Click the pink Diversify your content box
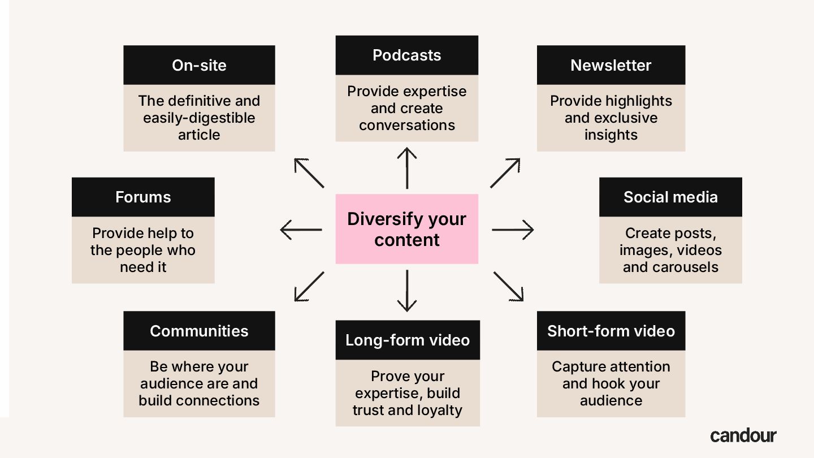[406, 229]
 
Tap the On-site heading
[199, 65]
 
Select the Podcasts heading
[406, 55]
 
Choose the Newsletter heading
[610, 65]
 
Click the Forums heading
[143, 197]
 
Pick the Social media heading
[670, 197]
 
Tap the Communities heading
[199, 331]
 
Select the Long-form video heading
[408, 340]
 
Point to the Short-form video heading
[610, 331]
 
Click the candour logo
[743, 435]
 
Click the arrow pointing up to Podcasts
[406, 168]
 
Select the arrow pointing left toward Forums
[301, 230]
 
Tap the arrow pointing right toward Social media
[512, 230]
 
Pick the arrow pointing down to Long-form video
[406, 291]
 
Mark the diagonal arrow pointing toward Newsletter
[505, 173]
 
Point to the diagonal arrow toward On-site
[309, 173]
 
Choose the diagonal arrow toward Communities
[309, 286]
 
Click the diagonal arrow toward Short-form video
[508, 286]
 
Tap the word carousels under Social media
[670, 267]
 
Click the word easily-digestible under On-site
[199, 118]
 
